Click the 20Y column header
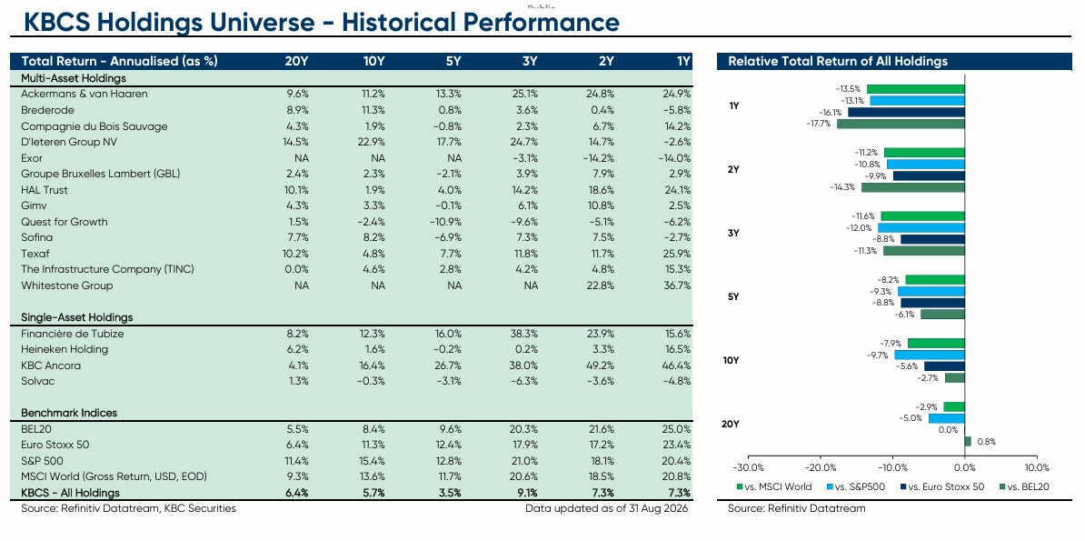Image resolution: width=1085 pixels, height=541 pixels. point(297,61)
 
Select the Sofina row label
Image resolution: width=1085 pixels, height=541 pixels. point(36,237)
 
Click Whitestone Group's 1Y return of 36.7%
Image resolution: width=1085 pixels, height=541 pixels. point(677,286)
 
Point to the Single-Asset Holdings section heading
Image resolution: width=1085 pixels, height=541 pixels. point(77,317)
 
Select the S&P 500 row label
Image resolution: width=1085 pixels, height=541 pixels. point(40,461)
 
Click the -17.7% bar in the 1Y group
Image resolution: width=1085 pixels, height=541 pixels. point(901,124)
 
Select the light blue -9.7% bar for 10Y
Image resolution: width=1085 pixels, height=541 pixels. point(930,355)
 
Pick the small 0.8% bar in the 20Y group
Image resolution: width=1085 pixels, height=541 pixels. point(968,441)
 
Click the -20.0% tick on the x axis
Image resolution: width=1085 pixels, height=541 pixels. point(821,466)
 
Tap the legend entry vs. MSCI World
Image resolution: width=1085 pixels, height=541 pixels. point(774,486)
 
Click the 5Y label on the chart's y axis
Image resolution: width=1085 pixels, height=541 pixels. point(734,296)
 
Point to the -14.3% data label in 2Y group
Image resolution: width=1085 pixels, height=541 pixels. point(846,187)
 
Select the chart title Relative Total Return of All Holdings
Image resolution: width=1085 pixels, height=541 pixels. point(838,61)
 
